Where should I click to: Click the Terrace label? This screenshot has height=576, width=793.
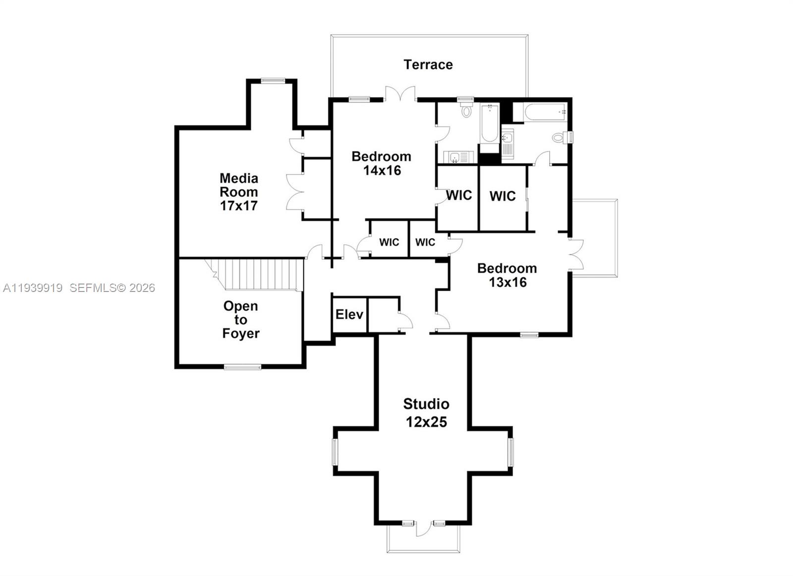pyautogui.click(x=428, y=65)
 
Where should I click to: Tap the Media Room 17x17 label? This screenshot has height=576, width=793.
pyautogui.click(x=239, y=191)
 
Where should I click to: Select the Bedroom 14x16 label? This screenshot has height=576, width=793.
pyautogui.click(x=381, y=163)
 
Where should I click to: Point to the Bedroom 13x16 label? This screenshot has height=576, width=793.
pyautogui.click(x=507, y=275)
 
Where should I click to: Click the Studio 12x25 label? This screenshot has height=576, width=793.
pyautogui.click(x=426, y=412)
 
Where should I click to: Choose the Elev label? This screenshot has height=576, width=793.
pyautogui.click(x=349, y=314)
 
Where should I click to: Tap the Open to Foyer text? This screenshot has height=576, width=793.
pyautogui.click(x=241, y=320)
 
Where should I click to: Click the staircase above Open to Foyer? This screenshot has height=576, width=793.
pyautogui.click(x=254, y=275)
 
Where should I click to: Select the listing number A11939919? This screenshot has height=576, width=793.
pyautogui.click(x=33, y=288)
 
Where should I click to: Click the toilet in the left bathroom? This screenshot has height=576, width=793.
pyautogui.click(x=466, y=110)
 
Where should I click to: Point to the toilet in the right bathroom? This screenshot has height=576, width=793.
pyautogui.click(x=560, y=137)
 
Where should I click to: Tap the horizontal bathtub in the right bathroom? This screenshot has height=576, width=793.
pyautogui.click(x=546, y=112)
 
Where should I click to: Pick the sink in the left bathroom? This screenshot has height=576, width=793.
pyautogui.click(x=454, y=157)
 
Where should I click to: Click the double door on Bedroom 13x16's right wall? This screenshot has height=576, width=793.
pyautogui.click(x=575, y=254)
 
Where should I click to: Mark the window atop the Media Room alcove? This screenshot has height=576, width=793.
pyautogui.click(x=273, y=81)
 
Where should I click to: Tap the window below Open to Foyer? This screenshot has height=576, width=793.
pyautogui.click(x=242, y=367)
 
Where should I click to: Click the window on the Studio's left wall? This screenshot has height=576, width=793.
pyautogui.click(x=335, y=452)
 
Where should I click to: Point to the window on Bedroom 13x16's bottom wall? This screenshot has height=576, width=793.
pyautogui.click(x=529, y=335)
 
